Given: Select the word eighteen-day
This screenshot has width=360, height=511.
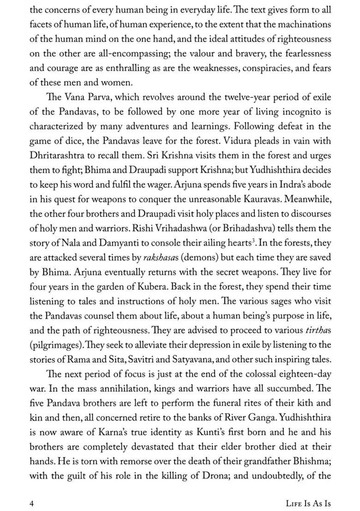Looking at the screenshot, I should tap(301, 374).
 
